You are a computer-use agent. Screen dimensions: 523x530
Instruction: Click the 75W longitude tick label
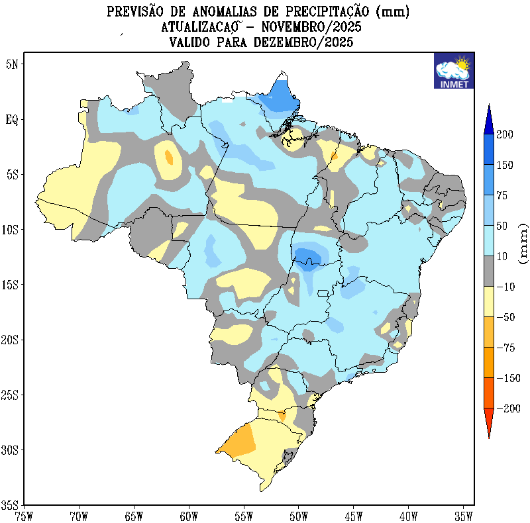(x=24, y=515)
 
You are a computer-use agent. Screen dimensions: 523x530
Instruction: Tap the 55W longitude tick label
(x=244, y=515)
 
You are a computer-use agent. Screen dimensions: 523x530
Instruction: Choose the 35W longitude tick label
(x=464, y=515)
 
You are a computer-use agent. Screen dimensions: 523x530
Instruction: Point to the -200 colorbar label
(x=509, y=408)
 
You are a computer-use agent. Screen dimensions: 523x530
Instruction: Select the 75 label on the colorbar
(x=503, y=195)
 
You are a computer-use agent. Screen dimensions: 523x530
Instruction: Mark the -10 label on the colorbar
(x=505, y=287)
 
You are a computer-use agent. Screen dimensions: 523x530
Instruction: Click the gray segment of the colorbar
(x=488, y=271)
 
